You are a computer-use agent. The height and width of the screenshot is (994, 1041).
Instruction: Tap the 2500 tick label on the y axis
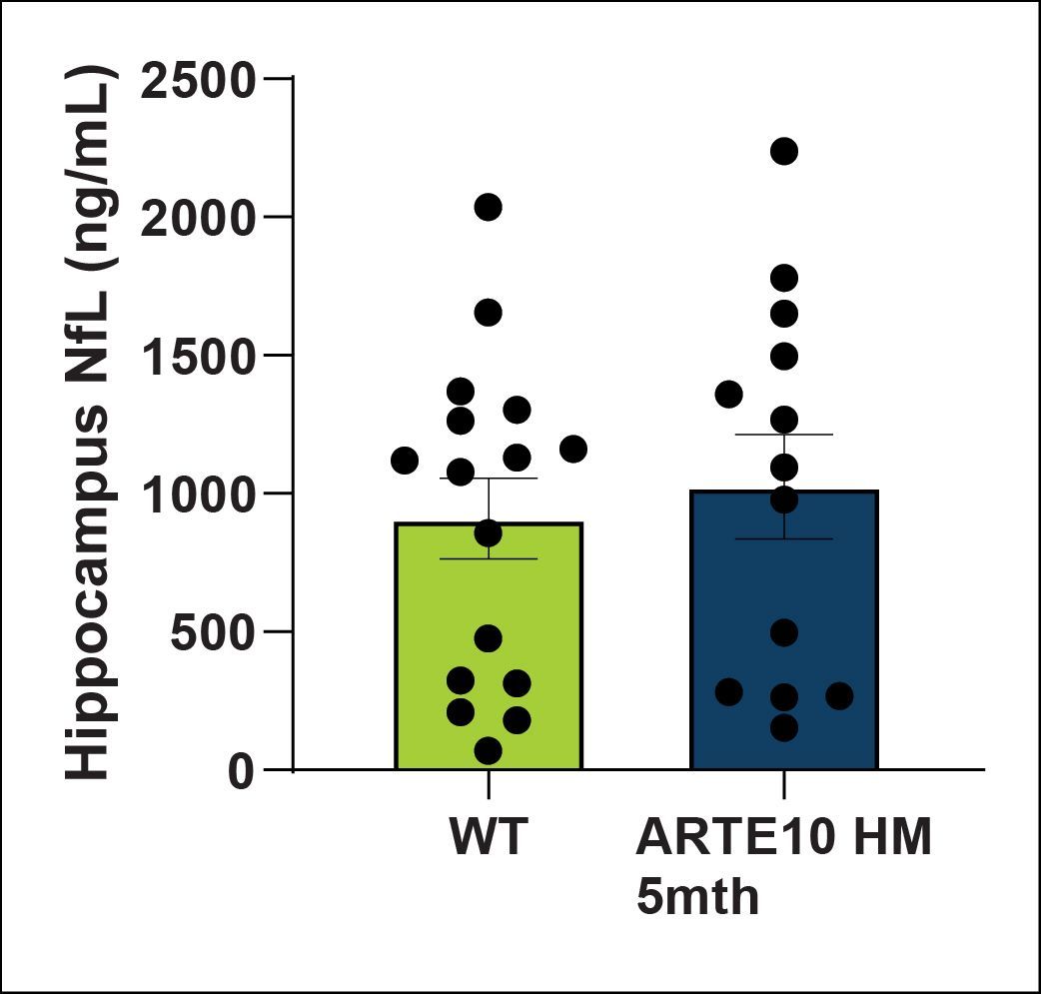(200, 81)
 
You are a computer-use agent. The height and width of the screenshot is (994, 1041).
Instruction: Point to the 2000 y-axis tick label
(200, 219)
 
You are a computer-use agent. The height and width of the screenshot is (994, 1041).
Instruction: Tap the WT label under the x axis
(488, 838)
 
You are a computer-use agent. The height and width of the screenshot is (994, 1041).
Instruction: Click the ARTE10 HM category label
(784, 838)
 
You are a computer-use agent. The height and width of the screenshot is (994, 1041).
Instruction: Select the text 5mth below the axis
(698, 896)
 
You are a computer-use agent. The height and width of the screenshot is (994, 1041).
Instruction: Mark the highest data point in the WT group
(488, 207)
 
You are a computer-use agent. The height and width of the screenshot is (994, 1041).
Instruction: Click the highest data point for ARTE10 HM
(784, 151)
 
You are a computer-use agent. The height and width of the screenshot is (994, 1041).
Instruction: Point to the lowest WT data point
(488, 750)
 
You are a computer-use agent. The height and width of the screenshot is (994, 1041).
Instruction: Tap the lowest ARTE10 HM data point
(784, 728)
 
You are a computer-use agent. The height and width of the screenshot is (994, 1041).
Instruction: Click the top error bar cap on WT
(488, 479)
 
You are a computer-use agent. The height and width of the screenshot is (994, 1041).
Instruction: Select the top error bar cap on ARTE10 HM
(784, 435)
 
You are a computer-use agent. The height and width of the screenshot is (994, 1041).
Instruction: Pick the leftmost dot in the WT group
(405, 461)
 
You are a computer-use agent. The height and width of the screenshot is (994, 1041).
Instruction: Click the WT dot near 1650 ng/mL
(488, 313)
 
